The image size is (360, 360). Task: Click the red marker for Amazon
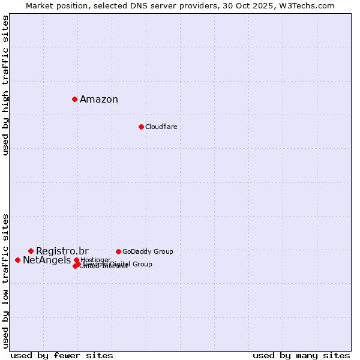click(x=74, y=99)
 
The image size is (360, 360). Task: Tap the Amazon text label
click(x=99, y=100)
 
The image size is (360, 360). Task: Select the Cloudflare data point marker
click(x=141, y=127)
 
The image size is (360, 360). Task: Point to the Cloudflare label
click(x=161, y=127)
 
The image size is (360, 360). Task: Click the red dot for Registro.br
click(x=31, y=251)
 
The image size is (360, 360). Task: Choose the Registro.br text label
click(x=62, y=251)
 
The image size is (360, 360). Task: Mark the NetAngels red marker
click(x=17, y=260)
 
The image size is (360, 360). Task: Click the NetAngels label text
click(x=47, y=260)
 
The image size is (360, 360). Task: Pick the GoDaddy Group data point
click(x=118, y=251)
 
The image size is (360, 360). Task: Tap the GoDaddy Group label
click(x=148, y=251)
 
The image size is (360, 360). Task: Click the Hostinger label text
click(x=96, y=259)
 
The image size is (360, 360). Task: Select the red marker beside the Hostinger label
click(x=76, y=260)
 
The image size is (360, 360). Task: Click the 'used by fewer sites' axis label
click(x=62, y=355)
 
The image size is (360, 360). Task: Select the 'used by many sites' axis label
click(x=301, y=355)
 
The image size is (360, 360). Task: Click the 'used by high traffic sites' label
click(x=5, y=85)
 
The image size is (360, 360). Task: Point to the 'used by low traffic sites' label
click(x=5, y=280)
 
